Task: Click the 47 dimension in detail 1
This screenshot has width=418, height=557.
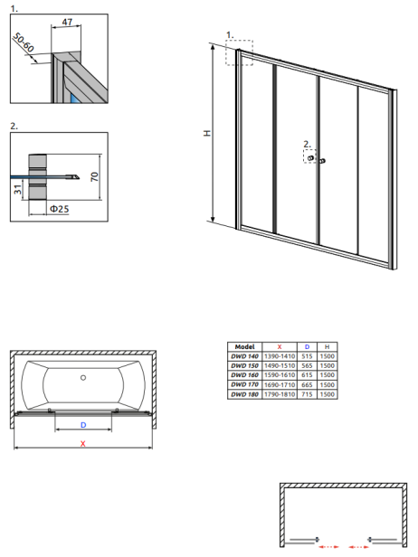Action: (x=67, y=22)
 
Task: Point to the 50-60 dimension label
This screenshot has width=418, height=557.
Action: (x=24, y=42)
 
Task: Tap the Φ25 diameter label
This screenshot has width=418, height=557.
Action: (x=59, y=209)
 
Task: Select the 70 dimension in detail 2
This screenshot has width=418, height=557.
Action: (x=94, y=176)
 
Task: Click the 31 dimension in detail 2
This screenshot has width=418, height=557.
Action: (x=18, y=190)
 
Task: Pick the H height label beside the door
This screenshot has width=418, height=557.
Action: (x=207, y=133)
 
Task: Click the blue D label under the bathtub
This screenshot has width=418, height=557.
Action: (x=83, y=425)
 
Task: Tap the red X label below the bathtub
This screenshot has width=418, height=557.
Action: (x=83, y=443)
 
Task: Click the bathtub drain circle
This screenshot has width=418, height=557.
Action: (x=83, y=378)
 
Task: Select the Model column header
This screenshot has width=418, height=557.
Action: (x=244, y=346)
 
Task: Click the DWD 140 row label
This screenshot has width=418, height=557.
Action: (x=244, y=356)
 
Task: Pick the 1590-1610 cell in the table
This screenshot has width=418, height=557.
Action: (x=280, y=375)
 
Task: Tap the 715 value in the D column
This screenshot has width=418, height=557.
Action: (x=307, y=394)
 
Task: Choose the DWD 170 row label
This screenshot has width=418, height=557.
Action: (x=244, y=384)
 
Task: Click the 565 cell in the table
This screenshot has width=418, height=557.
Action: (x=307, y=365)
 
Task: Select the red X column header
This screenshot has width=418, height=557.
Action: (x=280, y=346)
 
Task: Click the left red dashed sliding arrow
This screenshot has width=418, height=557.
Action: (x=328, y=547)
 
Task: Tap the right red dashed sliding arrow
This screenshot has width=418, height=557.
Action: (x=358, y=547)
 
